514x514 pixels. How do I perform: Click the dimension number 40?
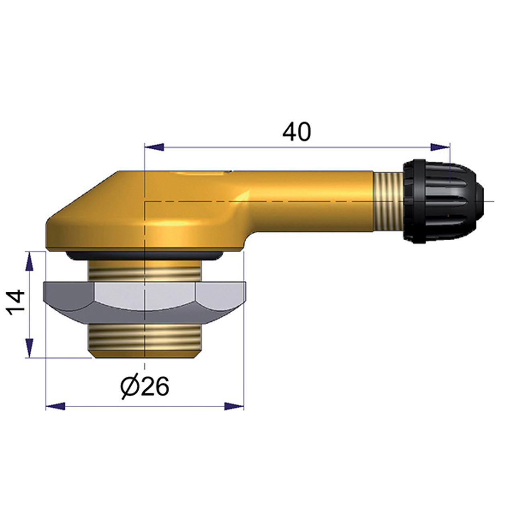tap(296, 132)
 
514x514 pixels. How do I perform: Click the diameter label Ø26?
tap(145, 386)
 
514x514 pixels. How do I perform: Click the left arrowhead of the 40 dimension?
tap(155, 147)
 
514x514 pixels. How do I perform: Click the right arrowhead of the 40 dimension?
tap(440, 147)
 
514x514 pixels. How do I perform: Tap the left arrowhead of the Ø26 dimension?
tap(56, 406)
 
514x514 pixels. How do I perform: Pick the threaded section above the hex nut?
tap(145, 271)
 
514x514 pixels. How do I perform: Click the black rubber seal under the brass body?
tap(145, 256)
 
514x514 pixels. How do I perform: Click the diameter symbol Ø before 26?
tap(129, 386)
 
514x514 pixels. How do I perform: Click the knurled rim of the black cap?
tap(410, 201)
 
